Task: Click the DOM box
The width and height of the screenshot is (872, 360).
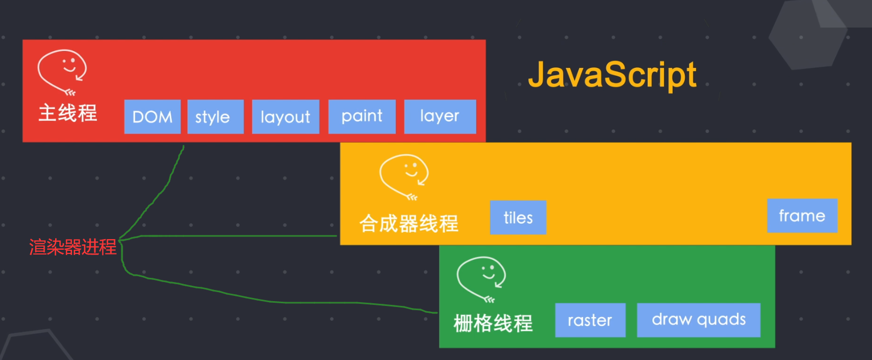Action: click(152, 117)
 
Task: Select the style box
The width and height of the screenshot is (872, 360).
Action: click(216, 117)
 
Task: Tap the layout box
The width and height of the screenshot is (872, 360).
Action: click(286, 117)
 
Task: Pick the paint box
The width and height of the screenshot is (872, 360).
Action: click(362, 117)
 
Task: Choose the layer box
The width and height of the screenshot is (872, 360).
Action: click(440, 117)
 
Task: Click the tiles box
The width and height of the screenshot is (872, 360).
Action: click(518, 217)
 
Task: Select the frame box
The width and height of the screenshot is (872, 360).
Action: click(803, 216)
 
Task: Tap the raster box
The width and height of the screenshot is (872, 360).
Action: click(590, 320)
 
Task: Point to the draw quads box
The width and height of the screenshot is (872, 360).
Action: click(699, 320)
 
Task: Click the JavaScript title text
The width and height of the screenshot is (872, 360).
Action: click(612, 75)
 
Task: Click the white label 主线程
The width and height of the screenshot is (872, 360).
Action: click(68, 113)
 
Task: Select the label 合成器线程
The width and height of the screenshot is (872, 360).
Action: click(409, 223)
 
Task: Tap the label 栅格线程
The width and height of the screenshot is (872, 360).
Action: click(493, 323)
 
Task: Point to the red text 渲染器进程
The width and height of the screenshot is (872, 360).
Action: click(73, 247)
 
